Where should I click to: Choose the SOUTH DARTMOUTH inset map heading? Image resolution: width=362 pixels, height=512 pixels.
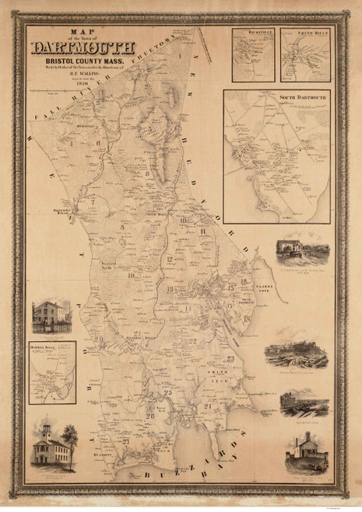pos(276,96)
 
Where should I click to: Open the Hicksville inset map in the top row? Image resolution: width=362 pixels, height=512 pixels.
pos(254,54)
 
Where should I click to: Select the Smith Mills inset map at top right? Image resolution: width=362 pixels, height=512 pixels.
pos(305,54)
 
